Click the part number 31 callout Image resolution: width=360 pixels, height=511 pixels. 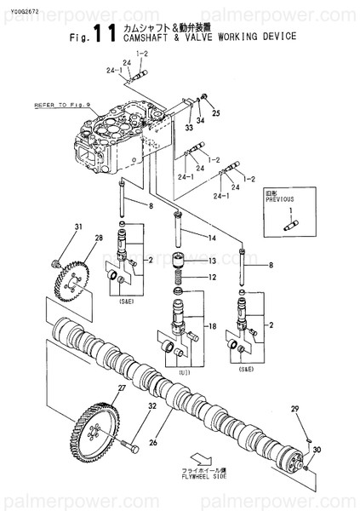click(x=77, y=226)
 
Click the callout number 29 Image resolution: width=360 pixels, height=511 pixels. click(x=295, y=411)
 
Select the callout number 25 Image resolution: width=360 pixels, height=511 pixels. click(x=215, y=112)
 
